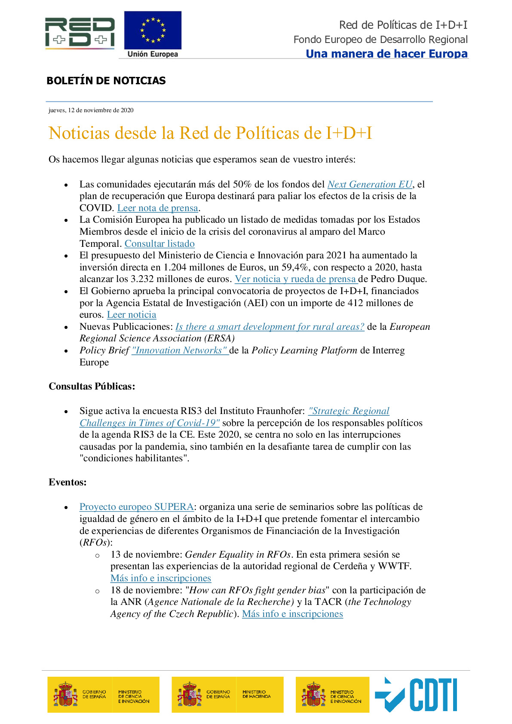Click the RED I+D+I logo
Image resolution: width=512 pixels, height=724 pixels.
point(80,33)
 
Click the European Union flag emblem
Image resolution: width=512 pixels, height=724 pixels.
point(153,31)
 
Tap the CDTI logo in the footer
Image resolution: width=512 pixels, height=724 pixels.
point(416,694)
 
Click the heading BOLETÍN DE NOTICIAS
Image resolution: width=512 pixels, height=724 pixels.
point(106,81)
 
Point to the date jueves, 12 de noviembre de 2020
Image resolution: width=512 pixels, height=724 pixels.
point(91,110)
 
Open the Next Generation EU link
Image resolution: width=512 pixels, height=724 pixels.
point(370,184)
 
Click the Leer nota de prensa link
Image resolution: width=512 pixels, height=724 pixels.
point(157,208)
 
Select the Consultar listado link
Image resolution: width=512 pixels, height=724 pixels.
point(159,244)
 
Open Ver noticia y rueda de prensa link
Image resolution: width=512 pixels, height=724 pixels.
point(296,279)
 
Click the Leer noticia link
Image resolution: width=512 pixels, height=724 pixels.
point(132,315)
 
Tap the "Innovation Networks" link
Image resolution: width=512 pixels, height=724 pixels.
point(180,350)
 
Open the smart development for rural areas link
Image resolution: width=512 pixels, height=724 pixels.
point(270,327)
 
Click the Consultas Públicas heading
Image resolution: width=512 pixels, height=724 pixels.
point(92,386)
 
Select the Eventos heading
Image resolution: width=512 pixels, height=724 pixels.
point(67,482)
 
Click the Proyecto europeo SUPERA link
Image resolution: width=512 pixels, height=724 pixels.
point(136,507)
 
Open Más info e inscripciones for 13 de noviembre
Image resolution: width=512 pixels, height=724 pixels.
point(161,578)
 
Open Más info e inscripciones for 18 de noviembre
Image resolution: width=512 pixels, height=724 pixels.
point(292,614)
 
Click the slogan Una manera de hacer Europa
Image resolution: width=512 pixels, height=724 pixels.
point(386,54)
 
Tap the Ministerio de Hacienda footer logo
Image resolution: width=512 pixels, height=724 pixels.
point(227,694)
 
